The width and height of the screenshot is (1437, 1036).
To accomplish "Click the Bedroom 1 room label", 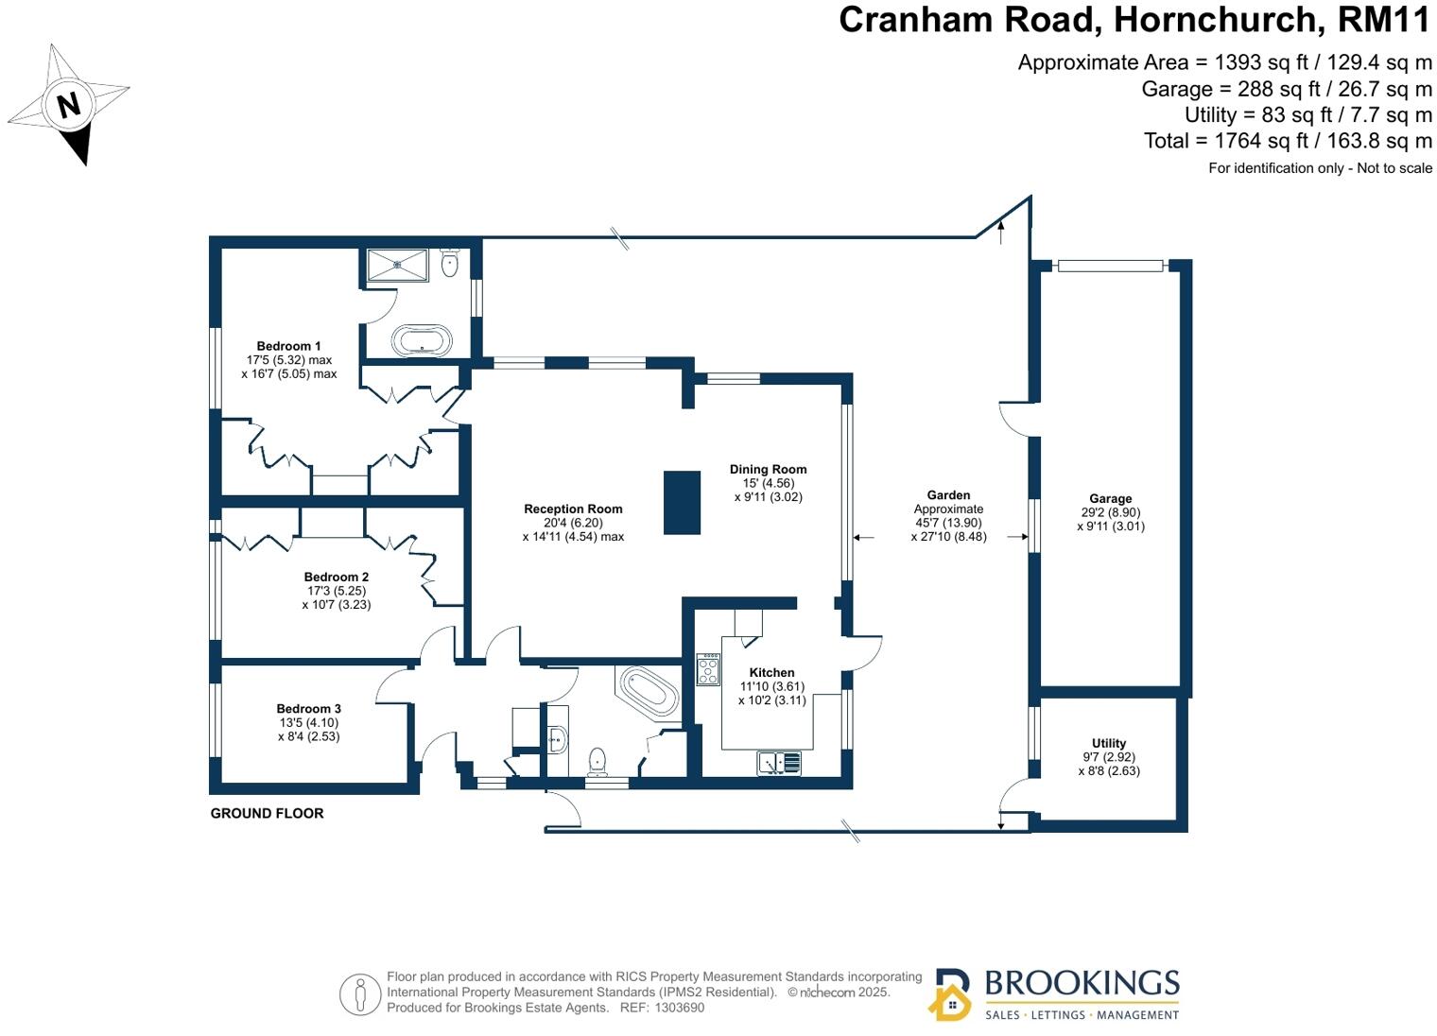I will (289, 346).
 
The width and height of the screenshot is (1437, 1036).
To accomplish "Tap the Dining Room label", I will (768, 469).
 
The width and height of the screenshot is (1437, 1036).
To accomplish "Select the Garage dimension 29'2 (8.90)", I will (1110, 512).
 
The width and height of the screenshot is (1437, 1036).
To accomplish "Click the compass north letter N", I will (69, 104).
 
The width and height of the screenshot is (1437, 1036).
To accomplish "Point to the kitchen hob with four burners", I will (708, 669).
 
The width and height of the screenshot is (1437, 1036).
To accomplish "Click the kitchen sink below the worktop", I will (778, 762).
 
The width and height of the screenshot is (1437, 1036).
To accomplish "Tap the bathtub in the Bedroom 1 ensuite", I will (422, 340).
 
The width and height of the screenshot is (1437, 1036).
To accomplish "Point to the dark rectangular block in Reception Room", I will (682, 503).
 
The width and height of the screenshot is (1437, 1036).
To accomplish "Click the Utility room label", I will (1109, 743).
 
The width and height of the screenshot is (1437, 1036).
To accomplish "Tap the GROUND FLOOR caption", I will (267, 813).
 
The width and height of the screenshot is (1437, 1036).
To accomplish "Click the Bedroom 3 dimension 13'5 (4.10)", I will (308, 722).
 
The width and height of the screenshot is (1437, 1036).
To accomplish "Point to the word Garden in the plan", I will (948, 494).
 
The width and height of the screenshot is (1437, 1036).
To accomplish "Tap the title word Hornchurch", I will (1216, 20).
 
